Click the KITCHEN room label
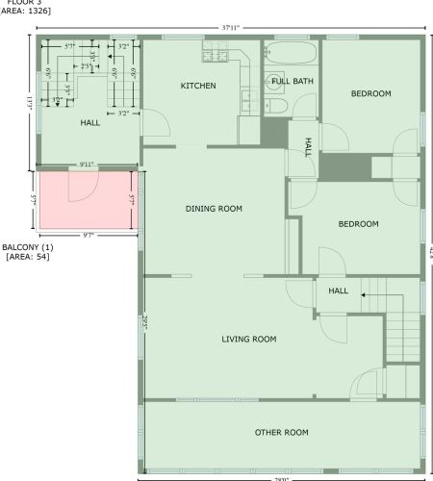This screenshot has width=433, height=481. pyautogui.click(x=198, y=87)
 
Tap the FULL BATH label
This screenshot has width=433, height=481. pyautogui.click(x=292, y=82)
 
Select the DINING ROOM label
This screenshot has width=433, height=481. pyautogui.click(x=214, y=209)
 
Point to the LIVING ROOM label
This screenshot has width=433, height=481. pyautogui.click(x=249, y=339)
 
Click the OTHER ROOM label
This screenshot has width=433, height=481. pyautogui.click(x=282, y=433)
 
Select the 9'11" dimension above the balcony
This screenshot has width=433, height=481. pyautogui.click(x=88, y=165)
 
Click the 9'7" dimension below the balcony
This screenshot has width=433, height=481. pyautogui.click(x=88, y=236)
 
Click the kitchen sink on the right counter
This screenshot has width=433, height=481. pyautogui.click(x=244, y=96)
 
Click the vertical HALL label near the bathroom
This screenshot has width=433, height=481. pyautogui.click(x=308, y=146)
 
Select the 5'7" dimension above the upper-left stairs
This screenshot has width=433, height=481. pyautogui.click(x=70, y=46)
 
